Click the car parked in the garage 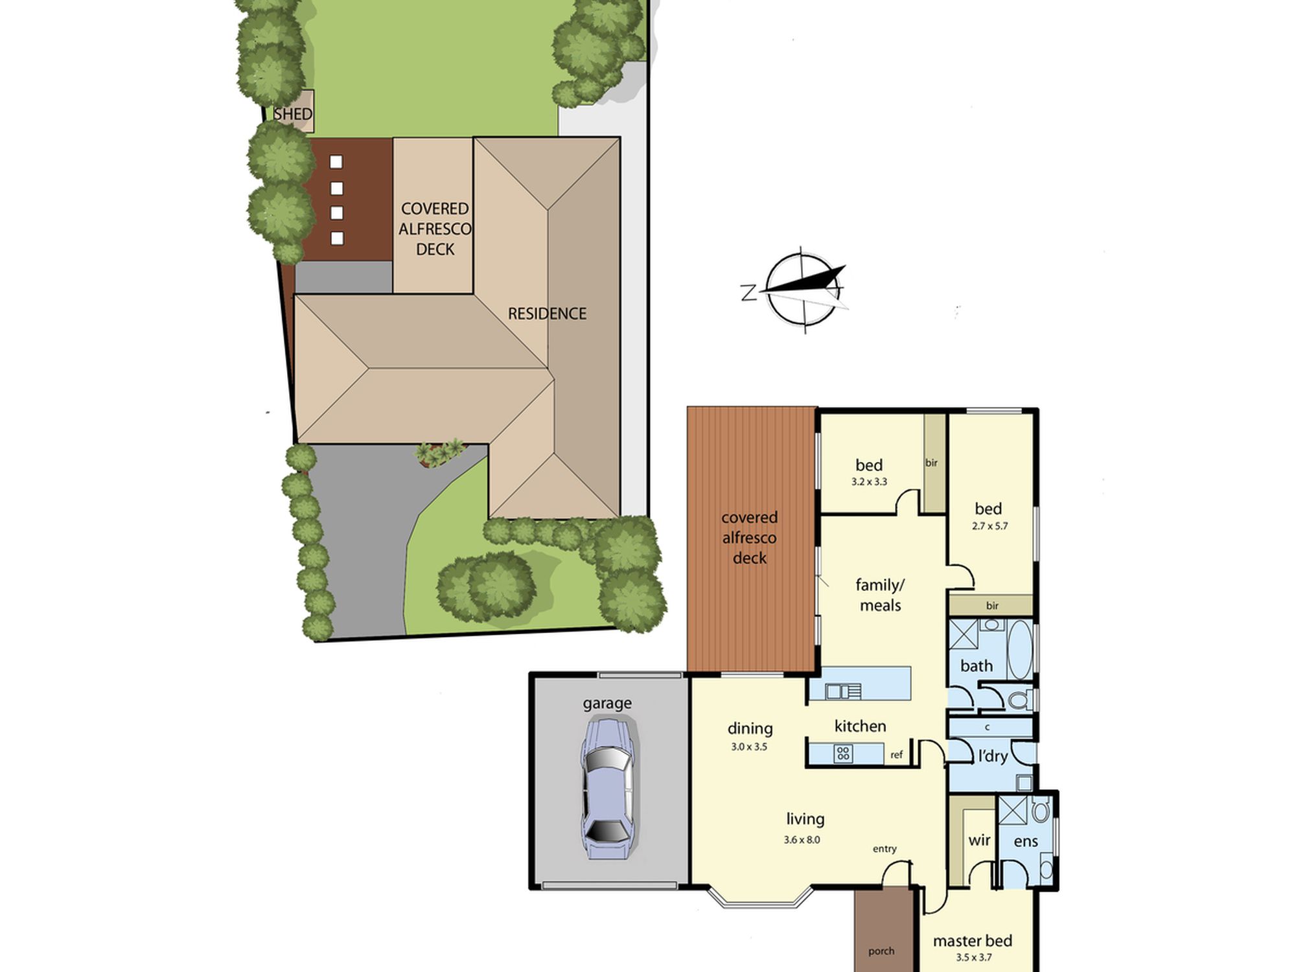pos(608,788)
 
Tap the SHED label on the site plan pos(293,114)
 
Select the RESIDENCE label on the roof pos(547,314)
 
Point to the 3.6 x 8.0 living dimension pos(802,840)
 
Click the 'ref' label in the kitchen pos(896,755)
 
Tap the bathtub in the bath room pos(1021,650)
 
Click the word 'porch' pos(881,951)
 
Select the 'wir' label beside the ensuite pos(979,840)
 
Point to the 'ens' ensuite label pos(1026,842)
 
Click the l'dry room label pos(993,756)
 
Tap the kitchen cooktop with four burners pos(843,753)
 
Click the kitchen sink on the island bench pos(843,691)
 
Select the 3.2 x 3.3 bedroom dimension pos(869,481)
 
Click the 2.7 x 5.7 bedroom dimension pos(989,526)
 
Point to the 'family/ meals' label pos(880,595)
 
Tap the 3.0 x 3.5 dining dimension pos(749,746)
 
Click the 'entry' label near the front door pos(885,849)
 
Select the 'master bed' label pos(972,941)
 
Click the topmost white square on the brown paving pos(336,162)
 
